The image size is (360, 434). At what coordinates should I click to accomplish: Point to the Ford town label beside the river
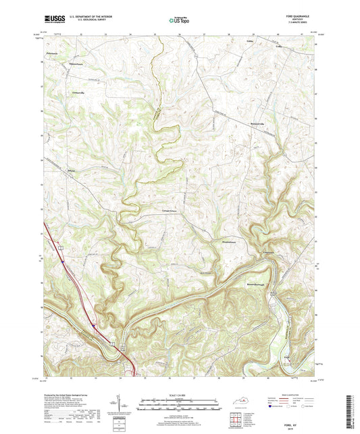(x=286, y=357)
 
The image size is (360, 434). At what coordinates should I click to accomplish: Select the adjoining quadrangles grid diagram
(x=234, y=419)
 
